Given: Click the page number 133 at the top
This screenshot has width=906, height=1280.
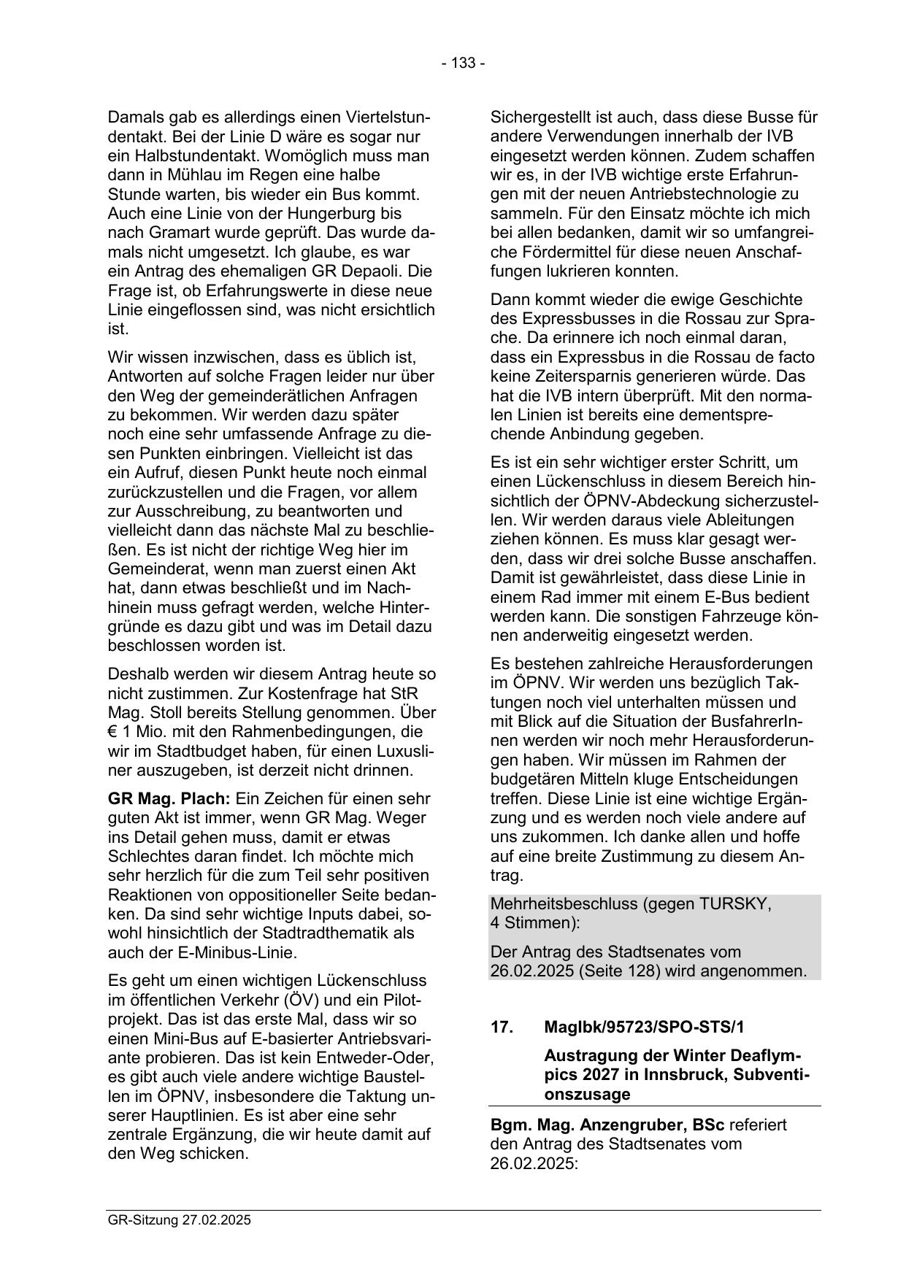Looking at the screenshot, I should pyautogui.click(x=464, y=63).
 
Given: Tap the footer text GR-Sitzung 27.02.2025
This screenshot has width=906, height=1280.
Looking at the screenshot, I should pyautogui.click(x=179, y=1219).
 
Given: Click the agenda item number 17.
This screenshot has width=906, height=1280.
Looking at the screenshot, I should pyautogui.click(x=502, y=1027).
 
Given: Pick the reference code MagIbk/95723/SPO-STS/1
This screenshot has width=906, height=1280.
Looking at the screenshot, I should pyautogui.click(x=644, y=1027).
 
